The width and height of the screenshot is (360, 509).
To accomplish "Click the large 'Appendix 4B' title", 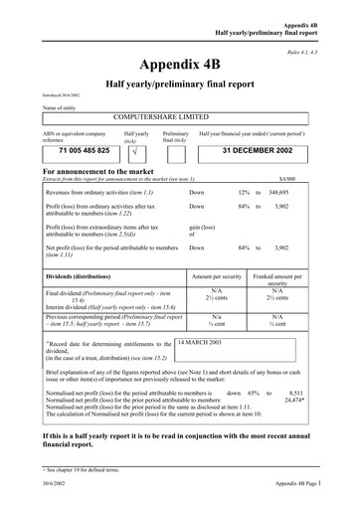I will tap(180, 65).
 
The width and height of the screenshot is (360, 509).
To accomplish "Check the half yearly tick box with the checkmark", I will tap(129, 155).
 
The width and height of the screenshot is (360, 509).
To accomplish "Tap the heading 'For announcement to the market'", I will tap(106, 171).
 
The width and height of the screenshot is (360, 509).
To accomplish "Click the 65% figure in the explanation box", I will tap(254, 393).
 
